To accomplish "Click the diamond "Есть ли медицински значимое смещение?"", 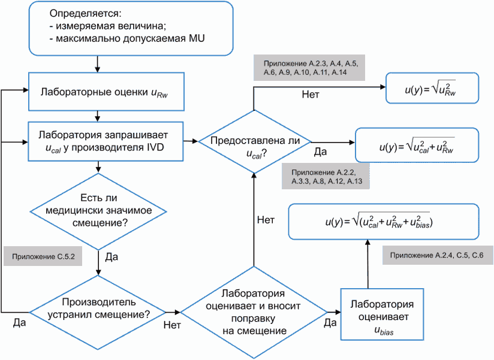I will [x=98, y=210].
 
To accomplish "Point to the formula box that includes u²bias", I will [x=384, y=222].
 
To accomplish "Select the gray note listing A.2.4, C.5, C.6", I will [x=438, y=256].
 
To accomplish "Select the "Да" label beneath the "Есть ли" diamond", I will [x=112, y=257].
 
